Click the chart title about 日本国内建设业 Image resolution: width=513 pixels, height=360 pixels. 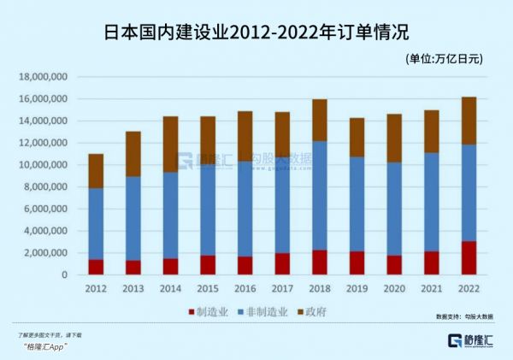click(256, 32)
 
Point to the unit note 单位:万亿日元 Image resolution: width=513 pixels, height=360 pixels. click(445, 59)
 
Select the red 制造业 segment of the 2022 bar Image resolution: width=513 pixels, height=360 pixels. click(469, 257)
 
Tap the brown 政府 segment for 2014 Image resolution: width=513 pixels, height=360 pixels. click(170, 144)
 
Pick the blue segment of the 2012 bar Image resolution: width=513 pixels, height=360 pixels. click(96, 223)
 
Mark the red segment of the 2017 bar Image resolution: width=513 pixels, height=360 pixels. click(282, 263)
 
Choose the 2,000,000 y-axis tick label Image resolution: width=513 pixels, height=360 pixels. click(47, 253)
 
